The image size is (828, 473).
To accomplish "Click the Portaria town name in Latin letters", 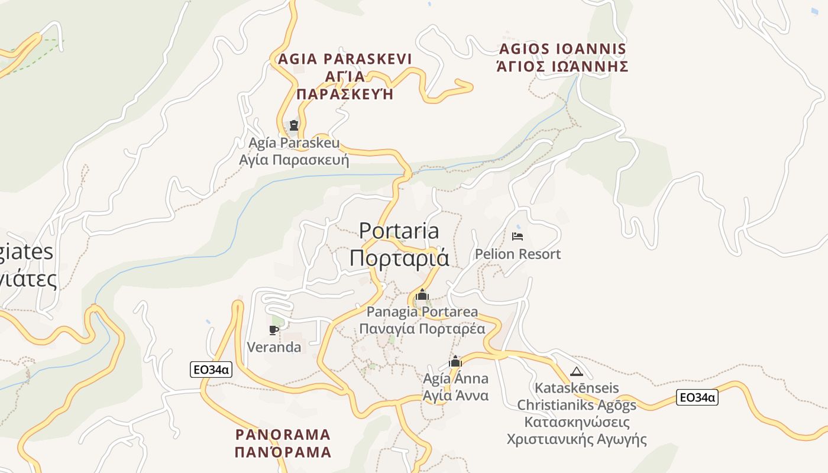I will click(399, 231).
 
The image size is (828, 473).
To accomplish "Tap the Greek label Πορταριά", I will click(399, 258).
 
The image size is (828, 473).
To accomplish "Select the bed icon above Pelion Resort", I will click(517, 237).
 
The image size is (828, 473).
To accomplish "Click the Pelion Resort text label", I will click(517, 254).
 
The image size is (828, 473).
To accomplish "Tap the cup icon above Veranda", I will click(273, 330).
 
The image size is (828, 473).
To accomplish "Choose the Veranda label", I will click(274, 347).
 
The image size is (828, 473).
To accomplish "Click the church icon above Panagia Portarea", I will click(422, 294).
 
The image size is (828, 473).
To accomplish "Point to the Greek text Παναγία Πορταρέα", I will click(422, 329).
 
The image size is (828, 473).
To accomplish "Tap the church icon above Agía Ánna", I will click(455, 361).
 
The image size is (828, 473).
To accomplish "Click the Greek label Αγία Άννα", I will click(456, 396).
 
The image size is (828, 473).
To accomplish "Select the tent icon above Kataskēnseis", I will click(576, 372).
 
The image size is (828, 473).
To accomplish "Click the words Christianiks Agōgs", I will click(577, 405).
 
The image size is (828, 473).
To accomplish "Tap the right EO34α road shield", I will click(697, 397).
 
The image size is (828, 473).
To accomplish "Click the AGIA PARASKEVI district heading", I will click(345, 59).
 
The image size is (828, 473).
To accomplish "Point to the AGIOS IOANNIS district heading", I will click(562, 48).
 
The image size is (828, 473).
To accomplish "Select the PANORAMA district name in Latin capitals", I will click(283, 435).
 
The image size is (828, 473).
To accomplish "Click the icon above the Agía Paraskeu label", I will click(293, 125).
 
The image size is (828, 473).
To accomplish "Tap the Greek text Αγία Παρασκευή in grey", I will click(294, 160).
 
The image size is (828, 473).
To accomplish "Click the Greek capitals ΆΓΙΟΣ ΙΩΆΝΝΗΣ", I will click(562, 66).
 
